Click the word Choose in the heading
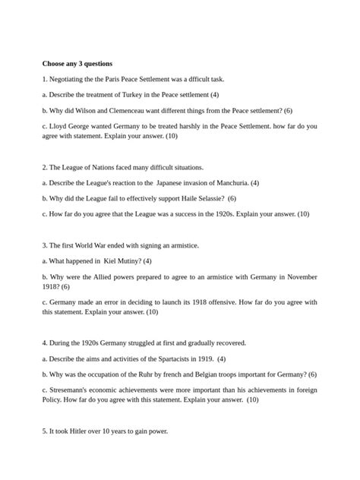click(x=55, y=63)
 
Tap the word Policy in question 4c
click(x=52, y=399)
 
